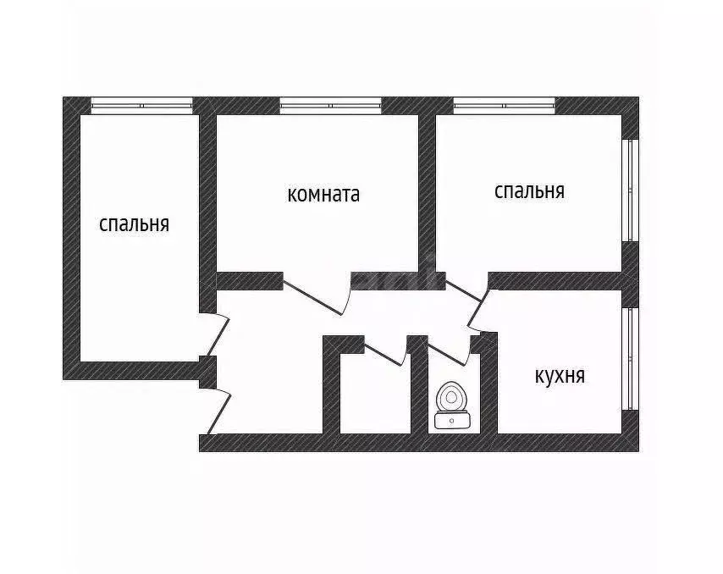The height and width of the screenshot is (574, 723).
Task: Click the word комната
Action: coord(323,195)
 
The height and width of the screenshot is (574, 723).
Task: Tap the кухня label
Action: coord(560,376)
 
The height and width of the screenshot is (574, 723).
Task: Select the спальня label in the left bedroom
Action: coord(135,224)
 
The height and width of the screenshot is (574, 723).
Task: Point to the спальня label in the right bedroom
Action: coord(529,191)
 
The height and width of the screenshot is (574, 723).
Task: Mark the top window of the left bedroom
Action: coord(142,106)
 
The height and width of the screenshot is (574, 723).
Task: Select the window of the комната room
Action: coord(330,106)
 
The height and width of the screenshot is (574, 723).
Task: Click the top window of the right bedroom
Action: coord(504,106)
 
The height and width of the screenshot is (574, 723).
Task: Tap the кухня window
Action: coord(630,358)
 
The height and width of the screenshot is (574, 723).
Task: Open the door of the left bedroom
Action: coord(218,333)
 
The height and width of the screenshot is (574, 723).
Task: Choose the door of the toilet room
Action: coord(450,352)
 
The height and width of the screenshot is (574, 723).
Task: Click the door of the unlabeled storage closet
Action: coord(383,352)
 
